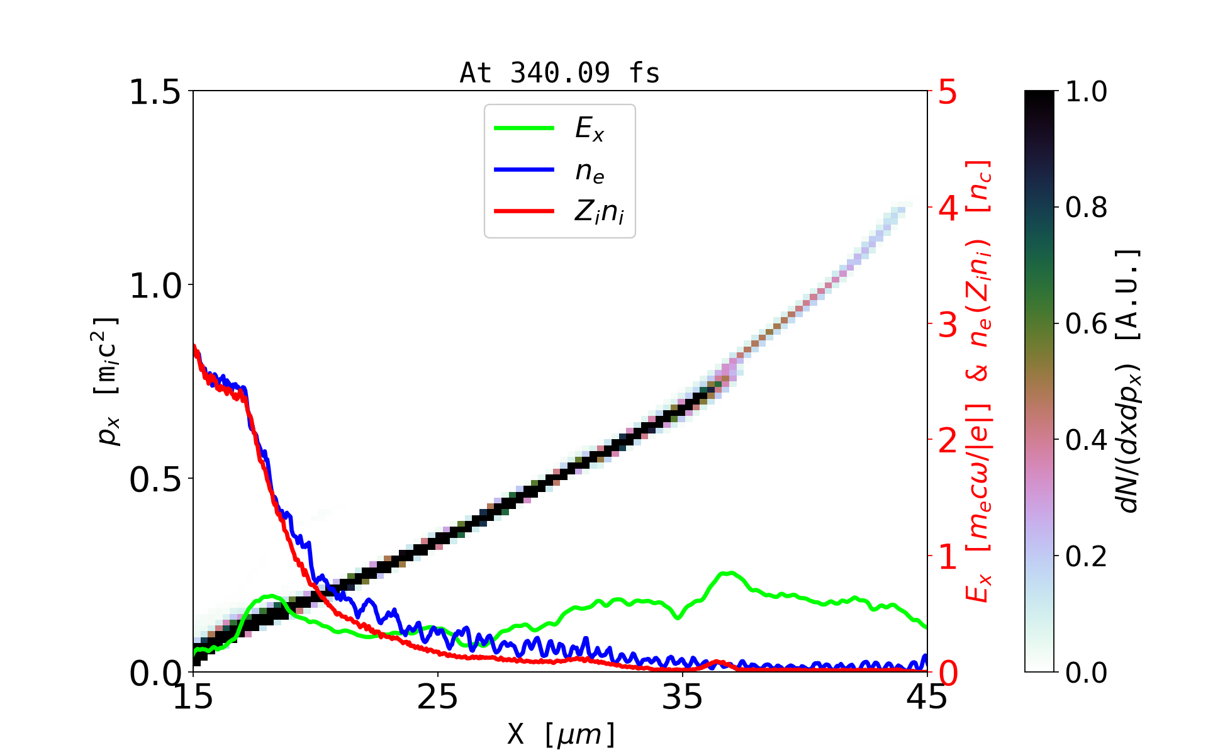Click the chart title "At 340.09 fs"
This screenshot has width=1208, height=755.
(x=559, y=73)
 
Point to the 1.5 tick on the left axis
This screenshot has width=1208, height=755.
(x=155, y=92)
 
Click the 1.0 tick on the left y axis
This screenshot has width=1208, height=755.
(x=155, y=286)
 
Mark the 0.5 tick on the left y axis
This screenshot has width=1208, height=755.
(x=155, y=479)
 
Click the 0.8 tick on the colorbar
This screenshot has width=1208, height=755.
(x=1086, y=208)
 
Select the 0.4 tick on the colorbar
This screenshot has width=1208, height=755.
(x=1086, y=440)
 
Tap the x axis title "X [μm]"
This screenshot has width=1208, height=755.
(x=561, y=734)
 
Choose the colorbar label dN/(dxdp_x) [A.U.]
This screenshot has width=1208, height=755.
(x=1129, y=381)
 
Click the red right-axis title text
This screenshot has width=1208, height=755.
(x=979, y=381)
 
